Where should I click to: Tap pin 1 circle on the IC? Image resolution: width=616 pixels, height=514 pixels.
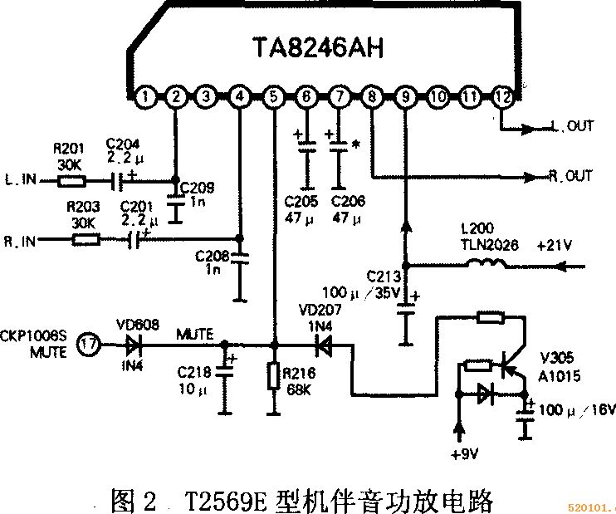pyautogui.click(x=145, y=96)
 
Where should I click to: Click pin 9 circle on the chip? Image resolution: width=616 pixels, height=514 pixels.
pyautogui.click(x=405, y=96)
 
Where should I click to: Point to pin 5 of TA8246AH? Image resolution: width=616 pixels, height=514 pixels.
pyautogui.click(x=274, y=96)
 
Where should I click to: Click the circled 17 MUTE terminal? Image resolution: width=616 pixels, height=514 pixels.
pyautogui.click(x=87, y=342)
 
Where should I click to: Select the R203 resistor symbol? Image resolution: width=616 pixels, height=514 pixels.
pyautogui.click(x=86, y=240)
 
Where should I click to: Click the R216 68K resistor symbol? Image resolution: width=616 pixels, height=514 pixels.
pyautogui.click(x=274, y=376)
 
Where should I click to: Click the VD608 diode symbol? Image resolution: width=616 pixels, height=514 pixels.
pyautogui.click(x=132, y=342)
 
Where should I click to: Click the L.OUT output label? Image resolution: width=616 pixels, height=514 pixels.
pyautogui.click(x=572, y=127)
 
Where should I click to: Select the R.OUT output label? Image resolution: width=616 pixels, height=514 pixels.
pyautogui.click(x=572, y=176)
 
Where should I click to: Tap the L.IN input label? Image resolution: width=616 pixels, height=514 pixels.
pyautogui.click(x=20, y=178)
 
